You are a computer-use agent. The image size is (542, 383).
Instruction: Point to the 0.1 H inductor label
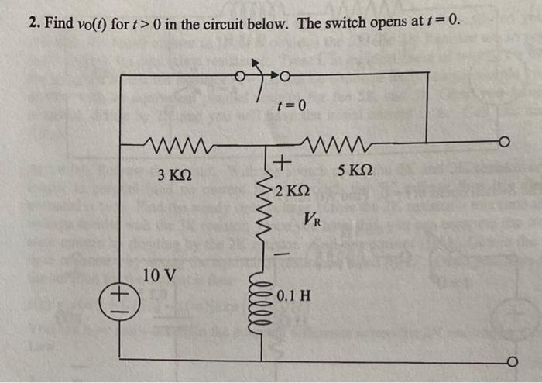[x=294, y=295]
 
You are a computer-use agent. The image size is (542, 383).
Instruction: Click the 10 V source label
[x=159, y=274]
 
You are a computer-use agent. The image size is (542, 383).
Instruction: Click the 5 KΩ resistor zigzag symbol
[x=340, y=143]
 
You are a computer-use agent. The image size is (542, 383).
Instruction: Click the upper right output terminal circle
[x=506, y=143]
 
